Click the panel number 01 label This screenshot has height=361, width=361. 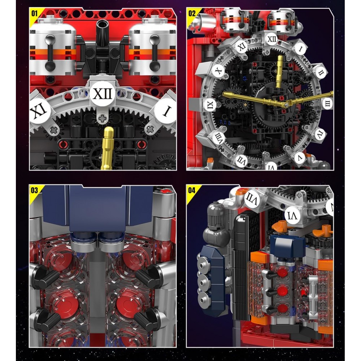pyautogui.click(x=34, y=14)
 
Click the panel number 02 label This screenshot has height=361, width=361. pyautogui.click(x=192, y=14)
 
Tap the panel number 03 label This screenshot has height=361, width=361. pyautogui.click(x=34, y=190)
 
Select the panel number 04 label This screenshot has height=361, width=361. pyautogui.click(x=192, y=190)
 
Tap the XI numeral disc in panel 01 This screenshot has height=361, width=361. pyautogui.click(x=40, y=111)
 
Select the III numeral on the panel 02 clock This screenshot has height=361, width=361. pyautogui.click(x=327, y=103)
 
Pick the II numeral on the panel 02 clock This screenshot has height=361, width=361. pyautogui.click(x=321, y=73)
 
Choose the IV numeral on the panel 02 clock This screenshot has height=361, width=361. pyautogui.click(x=320, y=134)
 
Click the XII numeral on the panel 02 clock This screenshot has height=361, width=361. pyautogui.click(x=272, y=39)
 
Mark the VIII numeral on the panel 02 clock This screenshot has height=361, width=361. pyautogui.click(x=218, y=138)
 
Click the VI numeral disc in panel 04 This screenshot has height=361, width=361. pyautogui.click(x=292, y=216)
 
